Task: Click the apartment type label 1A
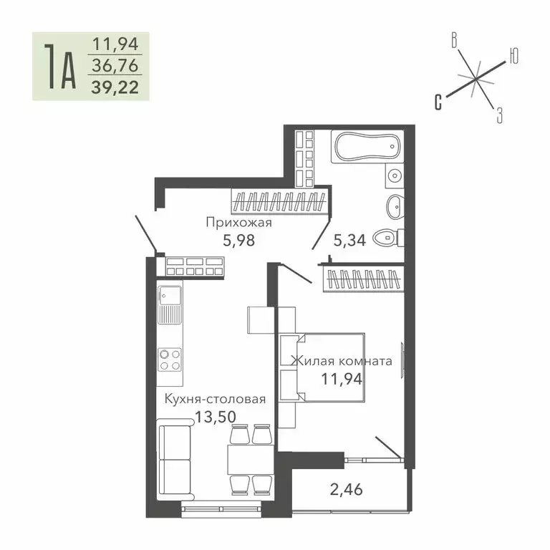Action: coord(59,67)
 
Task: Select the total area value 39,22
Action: coord(114,87)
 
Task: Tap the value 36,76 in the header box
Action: coord(114,67)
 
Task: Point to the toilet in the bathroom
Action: coord(390,236)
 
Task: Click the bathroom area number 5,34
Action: coord(350,240)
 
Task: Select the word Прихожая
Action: coord(238,222)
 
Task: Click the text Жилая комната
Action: coord(341,361)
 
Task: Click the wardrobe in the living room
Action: coord(362,278)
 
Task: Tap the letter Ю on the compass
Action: coord(513,55)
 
